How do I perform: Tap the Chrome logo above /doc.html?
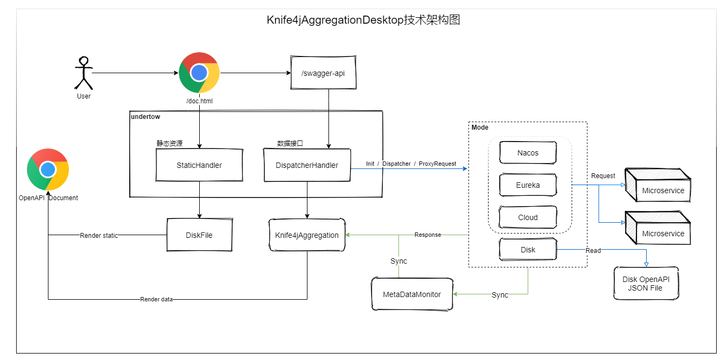pos(199,73)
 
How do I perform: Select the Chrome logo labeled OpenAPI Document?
pos(48,170)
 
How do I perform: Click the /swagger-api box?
pos(324,72)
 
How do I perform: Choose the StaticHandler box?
pos(199,165)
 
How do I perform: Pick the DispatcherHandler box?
pos(307,165)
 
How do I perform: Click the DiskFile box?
pos(199,235)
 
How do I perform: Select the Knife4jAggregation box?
pos(307,235)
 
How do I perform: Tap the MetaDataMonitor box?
pos(412,294)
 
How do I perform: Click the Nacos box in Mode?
pos(528,153)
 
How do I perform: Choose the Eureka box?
pos(528,185)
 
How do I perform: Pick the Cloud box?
pos(528,217)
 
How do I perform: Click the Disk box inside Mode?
pos(528,250)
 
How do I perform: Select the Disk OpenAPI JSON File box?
pos(646,283)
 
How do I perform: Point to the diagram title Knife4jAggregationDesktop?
pos(363,20)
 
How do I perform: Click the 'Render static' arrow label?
pos(99,235)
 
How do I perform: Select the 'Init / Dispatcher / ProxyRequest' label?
pos(411,164)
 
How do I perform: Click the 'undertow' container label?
pos(145,116)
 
